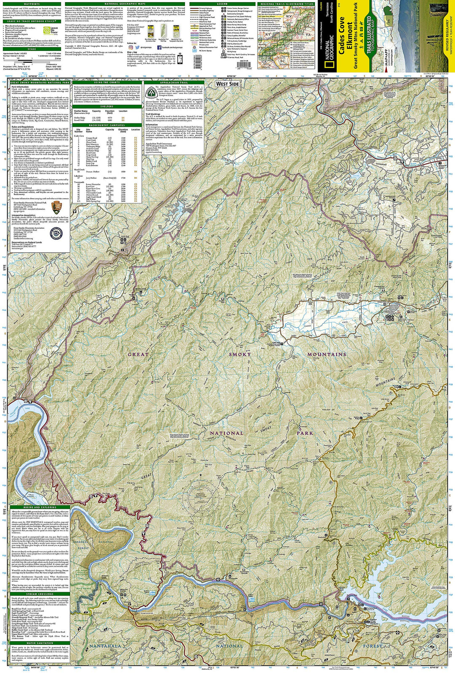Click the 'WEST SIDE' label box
click(x=227, y=84)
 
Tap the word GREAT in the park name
click(x=138, y=354)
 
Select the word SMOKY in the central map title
click(x=240, y=354)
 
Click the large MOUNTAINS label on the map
click(x=327, y=354)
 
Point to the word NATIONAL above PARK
click(x=227, y=433)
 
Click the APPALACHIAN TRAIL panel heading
click(x=174, y=82)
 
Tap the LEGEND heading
click(x=222, y=4)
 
